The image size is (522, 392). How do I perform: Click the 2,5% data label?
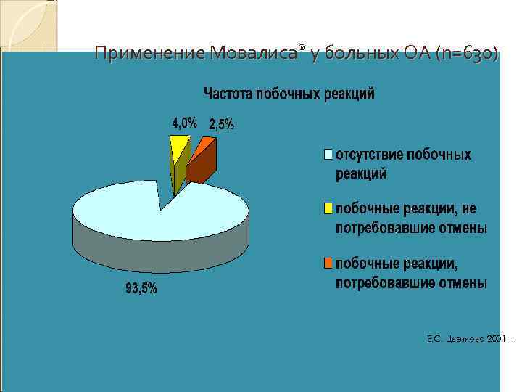(221, 125)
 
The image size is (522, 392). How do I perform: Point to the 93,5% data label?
(141, 288)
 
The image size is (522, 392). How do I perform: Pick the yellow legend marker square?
(328, 209)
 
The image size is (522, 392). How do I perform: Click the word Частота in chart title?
(228, 94)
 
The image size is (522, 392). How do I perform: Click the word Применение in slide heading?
(149, 54)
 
